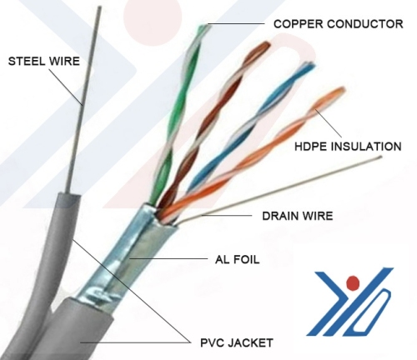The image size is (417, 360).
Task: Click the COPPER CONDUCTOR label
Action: (x=338, y=24)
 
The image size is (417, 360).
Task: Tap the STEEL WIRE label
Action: (x=44, y=61)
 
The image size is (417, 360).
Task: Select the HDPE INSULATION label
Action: (x=348, y=147)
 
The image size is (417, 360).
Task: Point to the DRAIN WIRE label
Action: (x=298, y=216)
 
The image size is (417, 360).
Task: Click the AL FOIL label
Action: (x=237, y=259)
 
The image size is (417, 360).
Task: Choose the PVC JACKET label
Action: (x=237, y=342)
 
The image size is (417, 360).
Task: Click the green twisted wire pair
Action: (x=178, y=111)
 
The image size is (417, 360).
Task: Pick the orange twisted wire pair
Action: (x=250, y=156)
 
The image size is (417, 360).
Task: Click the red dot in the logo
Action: (x=353, y=282)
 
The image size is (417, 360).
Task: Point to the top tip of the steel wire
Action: (x=99, y=7)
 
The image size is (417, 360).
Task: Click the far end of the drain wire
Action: (x=380, y=157)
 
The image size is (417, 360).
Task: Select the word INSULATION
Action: (x=367, y=147)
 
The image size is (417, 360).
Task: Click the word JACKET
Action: (x=250, y=342)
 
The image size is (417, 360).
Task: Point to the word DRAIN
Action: (x=279, y=216)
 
